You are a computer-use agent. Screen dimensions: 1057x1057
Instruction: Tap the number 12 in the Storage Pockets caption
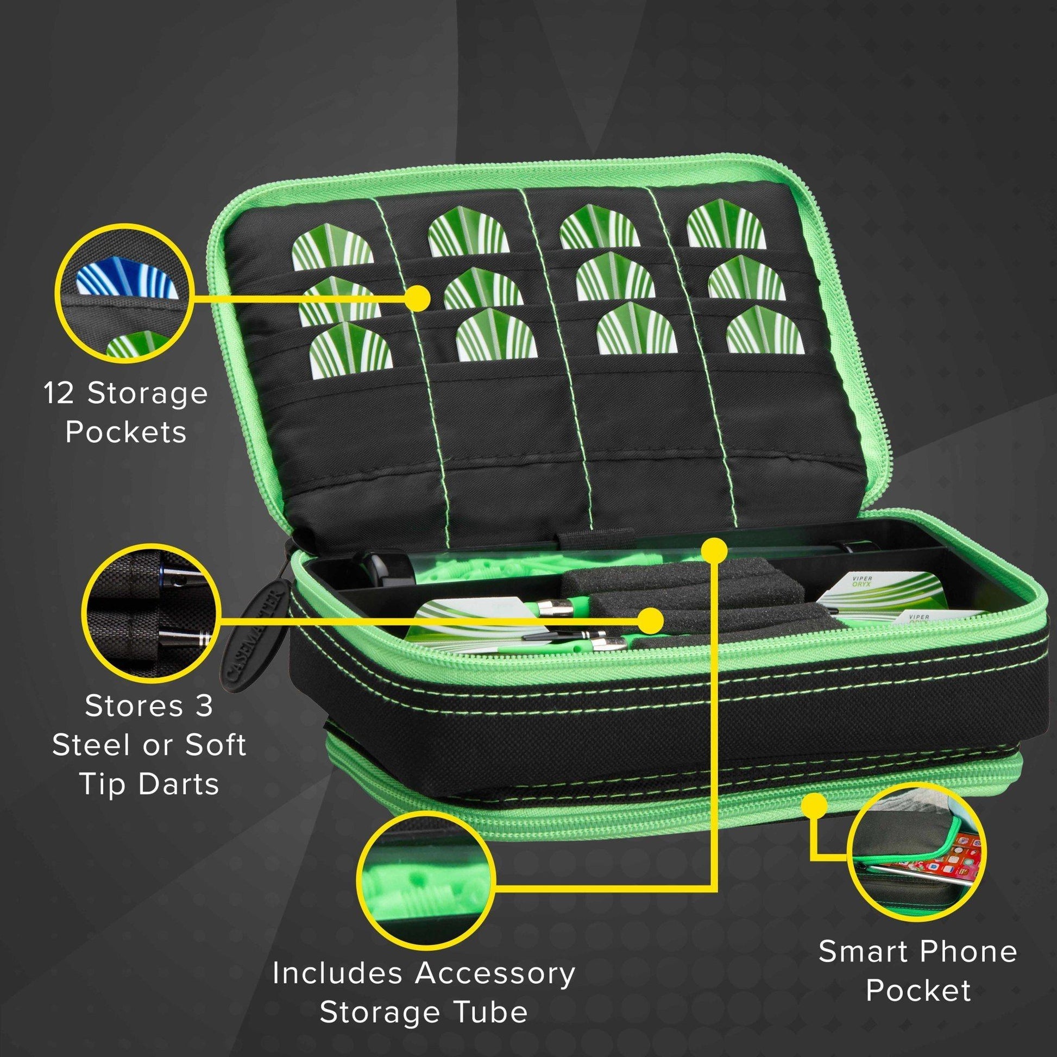[60, 395]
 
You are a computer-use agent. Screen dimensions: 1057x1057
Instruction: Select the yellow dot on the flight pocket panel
[420, 298]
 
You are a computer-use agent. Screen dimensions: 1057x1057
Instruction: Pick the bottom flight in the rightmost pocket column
[763, 338]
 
